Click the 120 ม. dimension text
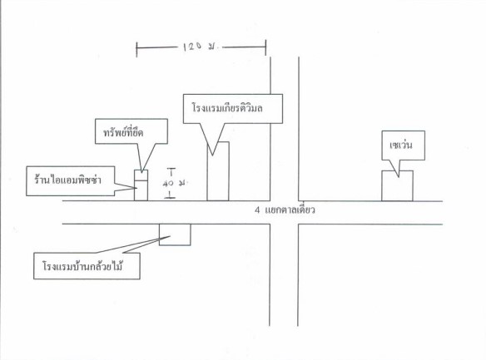pyautogui.click(x=201, y=47)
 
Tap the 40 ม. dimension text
pyautogui.click(x=175, y=183)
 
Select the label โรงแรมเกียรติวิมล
pyautogui.click(x=227, y=108)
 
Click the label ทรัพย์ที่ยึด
pyautogui.click(x=123, y=132)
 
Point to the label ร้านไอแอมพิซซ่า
pyautogui.click(x=68, y=180)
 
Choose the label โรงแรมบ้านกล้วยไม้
pyautogui.click(x=82, y=266)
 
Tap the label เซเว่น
pyautogui.click(x=401, y=145)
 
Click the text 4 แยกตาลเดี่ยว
pyautogui.click(x=285, y=210)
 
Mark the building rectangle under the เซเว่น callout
pyautogui.click(x=397, y=185)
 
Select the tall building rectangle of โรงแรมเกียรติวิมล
pyautogui.click(x=218, y=171)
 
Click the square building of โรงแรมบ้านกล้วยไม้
pyautogui.click(x=175, y=234)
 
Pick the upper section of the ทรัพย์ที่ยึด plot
pyautogui.click(x=141, y=175)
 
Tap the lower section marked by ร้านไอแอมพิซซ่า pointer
pyautogui.click(x=141, y=190)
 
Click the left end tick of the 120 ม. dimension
pyautogui.click(x=136, y=50)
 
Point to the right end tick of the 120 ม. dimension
pyautogui.click(x=265, y=47)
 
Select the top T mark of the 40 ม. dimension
pyautogui.click(x=171, y=171)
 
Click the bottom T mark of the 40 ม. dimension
pyautogui.click(x=170, y=195)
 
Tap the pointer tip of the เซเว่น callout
pyautogui.click(x=399, y=177)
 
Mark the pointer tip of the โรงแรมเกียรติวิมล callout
pyautogui.click(x=213, y=155)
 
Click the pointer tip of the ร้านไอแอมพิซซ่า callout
pyautogui.click(x=136, y=188)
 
